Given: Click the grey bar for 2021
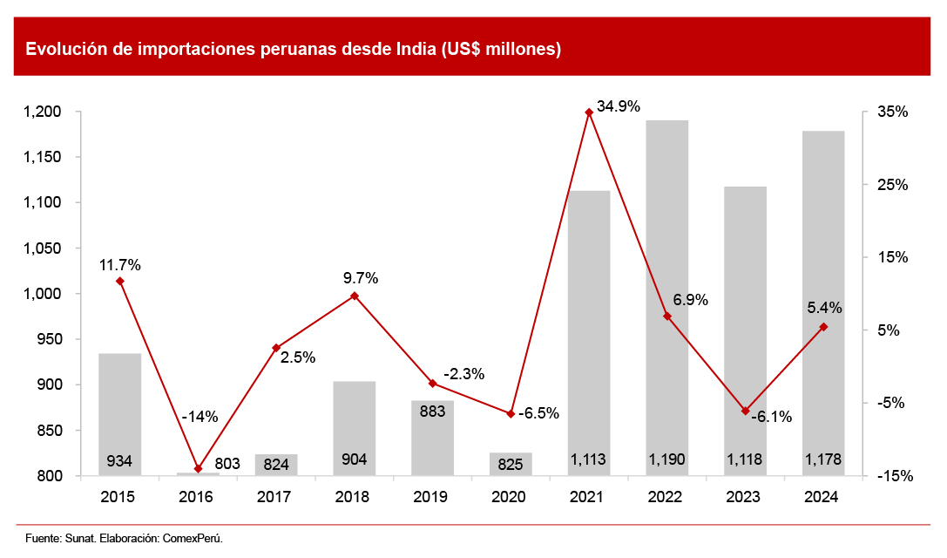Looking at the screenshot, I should click(589, 331).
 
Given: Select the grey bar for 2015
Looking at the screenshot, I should click(119, 414).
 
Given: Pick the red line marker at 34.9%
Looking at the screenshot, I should click(589, 112).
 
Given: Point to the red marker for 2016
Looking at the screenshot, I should click(198, 469).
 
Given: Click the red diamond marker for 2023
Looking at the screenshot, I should click(746, 411).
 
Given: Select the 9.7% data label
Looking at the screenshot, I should click(361, 279).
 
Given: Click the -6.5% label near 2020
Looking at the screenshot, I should click(538, 413).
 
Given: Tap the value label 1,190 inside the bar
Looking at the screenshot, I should click(666, 460).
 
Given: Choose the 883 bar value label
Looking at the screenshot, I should click(433, 412).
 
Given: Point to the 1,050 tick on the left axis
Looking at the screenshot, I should click(42, 248).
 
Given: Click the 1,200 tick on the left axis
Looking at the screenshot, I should click(42, 112).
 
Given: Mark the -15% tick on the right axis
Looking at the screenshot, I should click(895, 476).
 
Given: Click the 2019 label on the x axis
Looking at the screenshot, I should click(431, 497).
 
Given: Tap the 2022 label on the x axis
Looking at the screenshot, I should click(666, 497).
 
